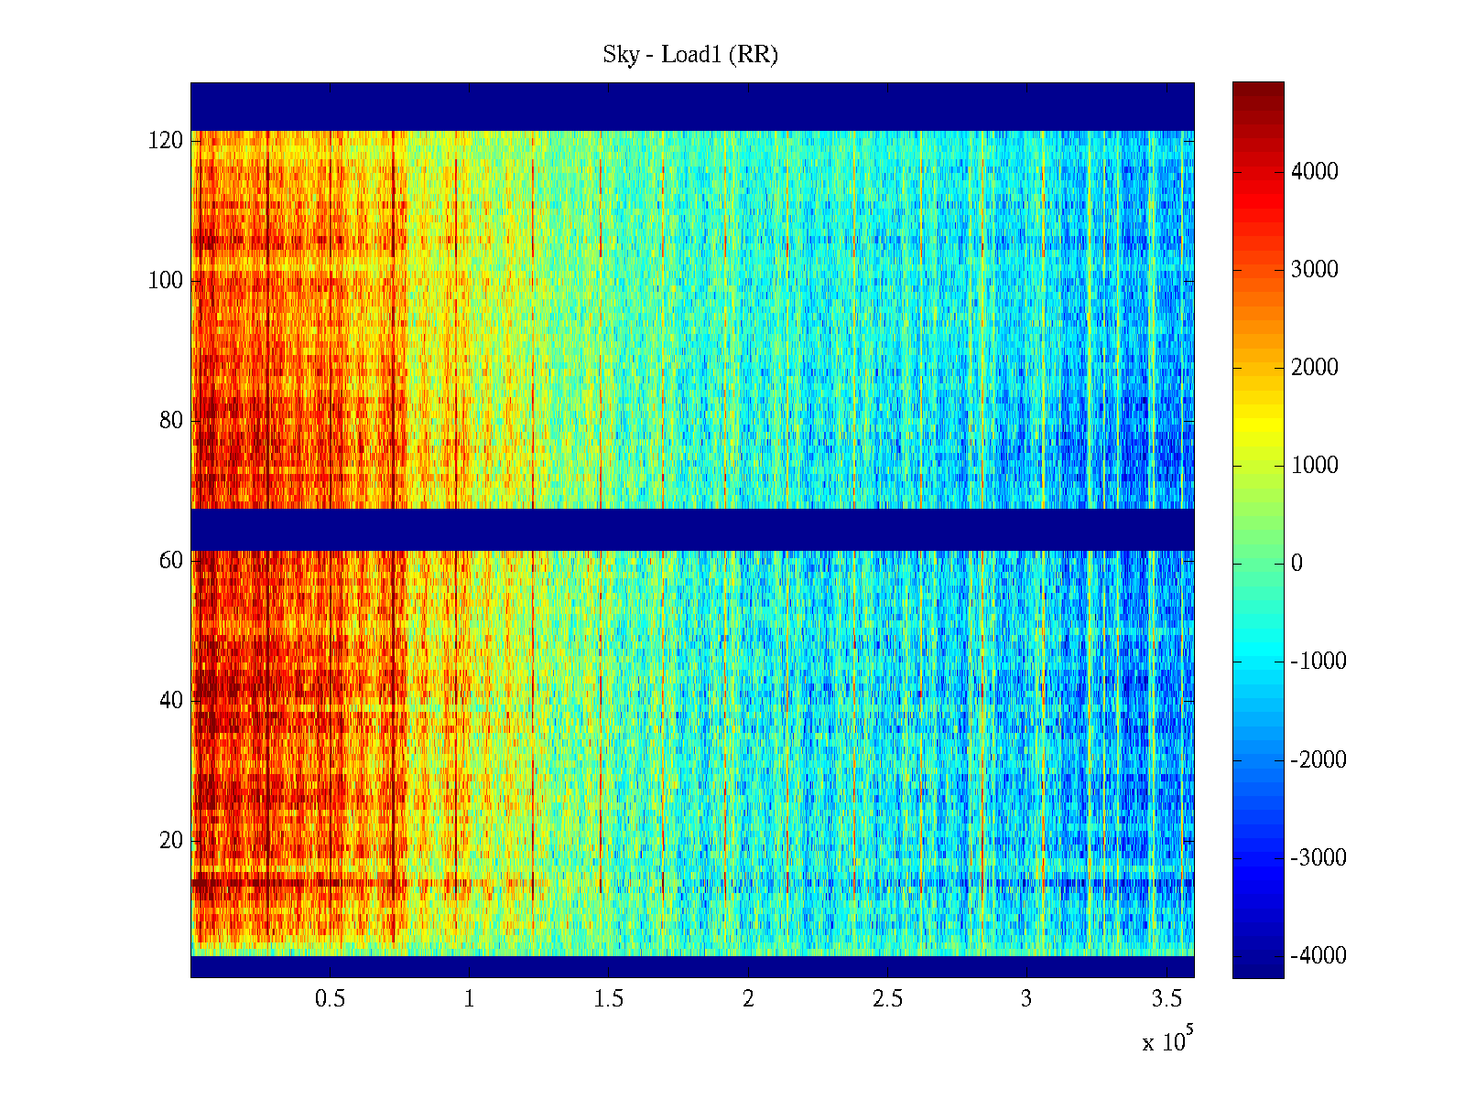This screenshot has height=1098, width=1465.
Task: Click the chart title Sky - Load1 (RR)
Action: (x=690, y=55)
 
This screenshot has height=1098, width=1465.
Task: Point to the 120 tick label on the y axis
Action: (x=166, y=141)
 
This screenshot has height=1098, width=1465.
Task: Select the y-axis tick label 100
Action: (x=166, y=281)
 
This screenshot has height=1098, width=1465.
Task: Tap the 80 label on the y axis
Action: (x=171, y=421)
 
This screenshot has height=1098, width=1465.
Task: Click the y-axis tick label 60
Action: (x=171, y=561)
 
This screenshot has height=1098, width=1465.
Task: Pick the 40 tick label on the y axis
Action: (x=171, y=701)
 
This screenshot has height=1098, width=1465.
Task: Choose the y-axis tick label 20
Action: (x=171, y=841)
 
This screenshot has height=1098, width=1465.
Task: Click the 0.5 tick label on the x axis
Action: (x=330, y=999)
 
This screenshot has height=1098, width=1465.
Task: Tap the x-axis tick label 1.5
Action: (x=608, y=999)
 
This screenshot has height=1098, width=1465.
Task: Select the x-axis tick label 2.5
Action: (x=887, y=999)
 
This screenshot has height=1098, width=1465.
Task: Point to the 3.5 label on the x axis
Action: (x=1167, y=999)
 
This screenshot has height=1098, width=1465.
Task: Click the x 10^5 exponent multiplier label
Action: (x=1167, y=1041)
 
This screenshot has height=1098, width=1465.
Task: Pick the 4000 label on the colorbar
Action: (x=1314, y=172)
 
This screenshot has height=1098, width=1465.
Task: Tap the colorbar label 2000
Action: (x=1314, y=368)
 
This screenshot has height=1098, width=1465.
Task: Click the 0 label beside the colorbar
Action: (x=1297, y=564)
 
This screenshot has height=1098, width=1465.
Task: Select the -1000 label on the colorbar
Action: (x=1318, y=662)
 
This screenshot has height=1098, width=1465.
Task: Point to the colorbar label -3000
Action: (x=1318, y=857)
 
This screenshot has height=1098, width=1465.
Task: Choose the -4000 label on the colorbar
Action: (x=1318, y=955)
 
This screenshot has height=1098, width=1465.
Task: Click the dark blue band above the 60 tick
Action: (x=692, y=529)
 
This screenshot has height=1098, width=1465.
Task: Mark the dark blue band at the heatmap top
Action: (x=692, y=106)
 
